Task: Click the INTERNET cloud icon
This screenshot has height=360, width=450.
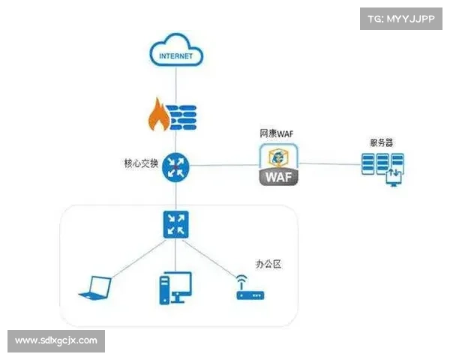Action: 176,51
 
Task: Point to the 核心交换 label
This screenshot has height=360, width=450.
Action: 140,163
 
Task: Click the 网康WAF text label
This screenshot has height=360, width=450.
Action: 277,133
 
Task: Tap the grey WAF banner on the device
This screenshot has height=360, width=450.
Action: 279,178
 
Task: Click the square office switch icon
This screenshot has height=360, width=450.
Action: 176,224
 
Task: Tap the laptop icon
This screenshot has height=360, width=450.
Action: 96,286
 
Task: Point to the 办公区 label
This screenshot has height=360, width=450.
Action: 268,264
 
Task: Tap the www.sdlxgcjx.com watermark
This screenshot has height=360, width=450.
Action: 56,340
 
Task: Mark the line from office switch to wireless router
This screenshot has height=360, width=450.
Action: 214,256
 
